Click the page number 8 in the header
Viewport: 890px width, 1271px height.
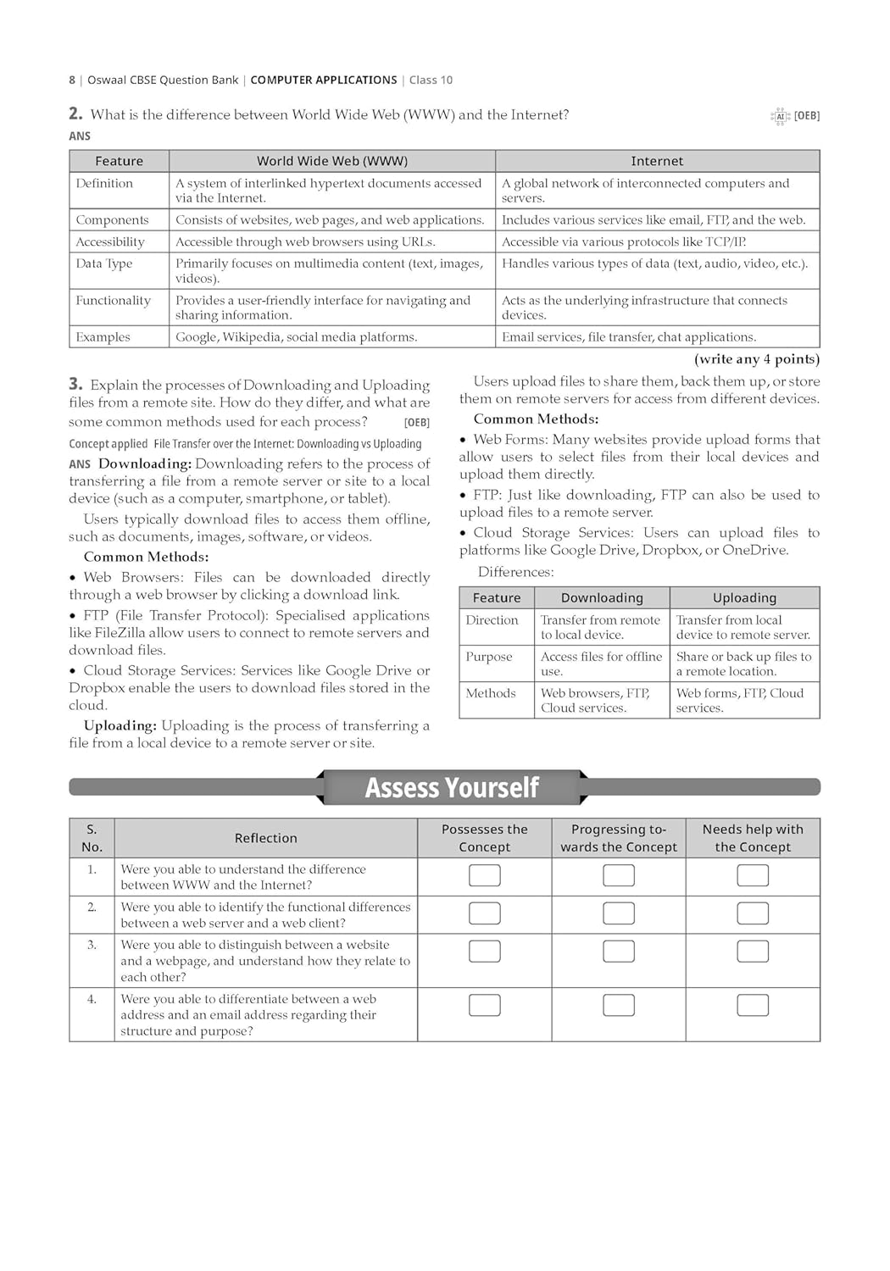pyautogui.click(x=72, y=80)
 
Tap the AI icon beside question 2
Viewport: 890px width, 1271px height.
pyautogui.click(x=780, y=116)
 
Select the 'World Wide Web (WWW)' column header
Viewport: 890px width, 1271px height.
pyautogui.click(x=332, y=161)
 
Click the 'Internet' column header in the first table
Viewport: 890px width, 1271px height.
pyautogui.click(x=657, y=161)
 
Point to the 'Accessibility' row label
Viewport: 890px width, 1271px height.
pyautogui.click(x=110, y=241)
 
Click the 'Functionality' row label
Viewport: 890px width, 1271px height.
pyautogui.click(x=113, y=300)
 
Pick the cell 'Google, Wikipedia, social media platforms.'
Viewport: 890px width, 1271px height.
pyautogui.click(x=296, y=336)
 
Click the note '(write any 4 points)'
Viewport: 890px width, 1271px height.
pyautogui.click(x=757, y=359)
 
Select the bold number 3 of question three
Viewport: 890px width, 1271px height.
pyautogui.click(x=75, y=384)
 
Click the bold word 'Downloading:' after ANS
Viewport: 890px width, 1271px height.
pyautogui.click(x=145, y=463)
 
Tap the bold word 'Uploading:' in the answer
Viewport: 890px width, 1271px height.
pyautogui.click(x=120, y=725)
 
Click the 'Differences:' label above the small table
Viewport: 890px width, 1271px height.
pyautogui.click(x=515, y=572)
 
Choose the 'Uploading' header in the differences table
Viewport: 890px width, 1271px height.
pyautogui.click(x=744, y=597)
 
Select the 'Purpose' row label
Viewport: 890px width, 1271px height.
pyautogui.click(x=489, y=657)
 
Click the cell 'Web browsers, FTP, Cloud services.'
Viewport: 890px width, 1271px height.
pyautogui.click(x=595, y=700)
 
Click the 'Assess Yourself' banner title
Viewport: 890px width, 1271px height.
pyautogui.click(x=452, y=788)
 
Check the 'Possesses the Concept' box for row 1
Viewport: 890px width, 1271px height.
pyautogui.click(x=485, y=875)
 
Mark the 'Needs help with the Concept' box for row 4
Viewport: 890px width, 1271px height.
pyautogui.click(x=753, y=1005)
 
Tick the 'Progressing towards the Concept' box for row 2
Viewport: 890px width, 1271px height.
pyautogui.click(x=619, y=913)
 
